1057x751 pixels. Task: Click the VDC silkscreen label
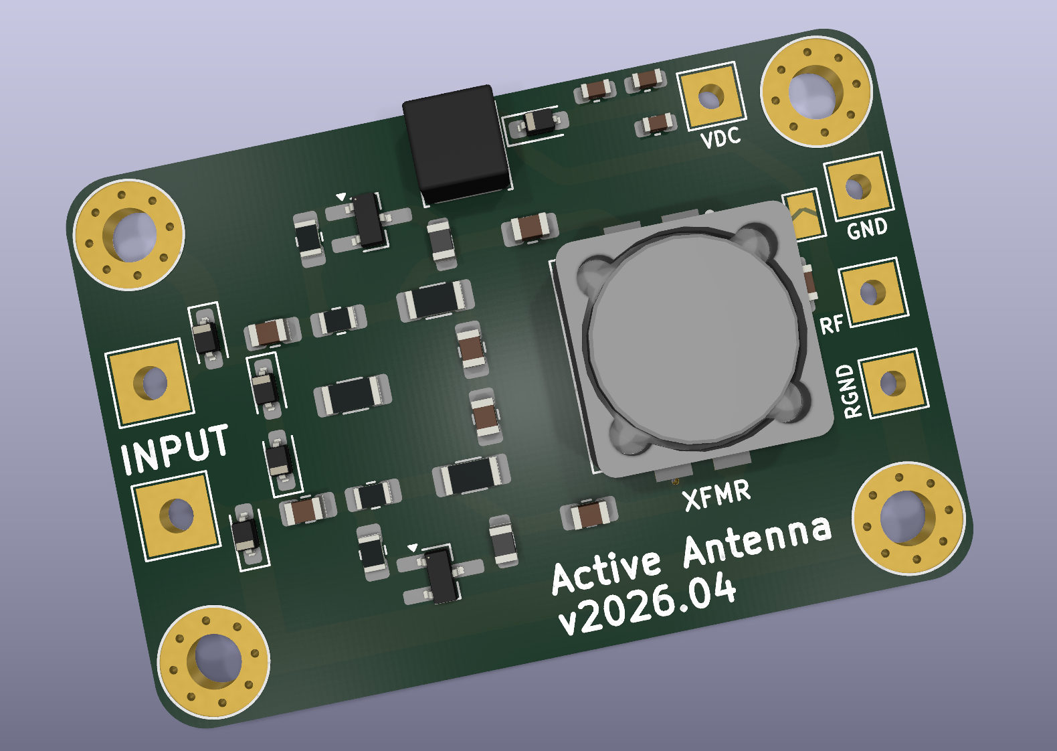coord(720,137)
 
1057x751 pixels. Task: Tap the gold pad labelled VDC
coord(711,96)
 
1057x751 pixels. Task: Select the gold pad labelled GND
coord(858,187)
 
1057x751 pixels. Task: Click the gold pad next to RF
coord(872,293)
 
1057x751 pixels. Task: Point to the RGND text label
coord(848,391)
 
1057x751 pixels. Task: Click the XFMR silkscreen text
coord(716,495)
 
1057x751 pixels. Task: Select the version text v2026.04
coord(647,604)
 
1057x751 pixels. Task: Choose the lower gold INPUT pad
coord(177,515)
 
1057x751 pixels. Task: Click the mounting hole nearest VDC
coord(815,91)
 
